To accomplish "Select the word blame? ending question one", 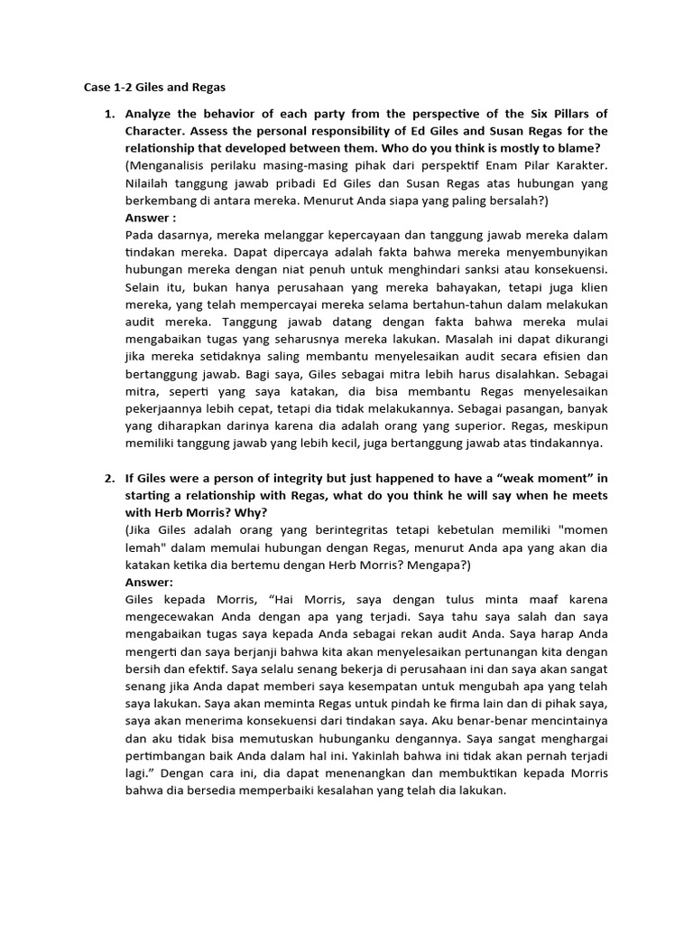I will tap(578, 148).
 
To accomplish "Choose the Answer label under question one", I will tap(151, 218).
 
